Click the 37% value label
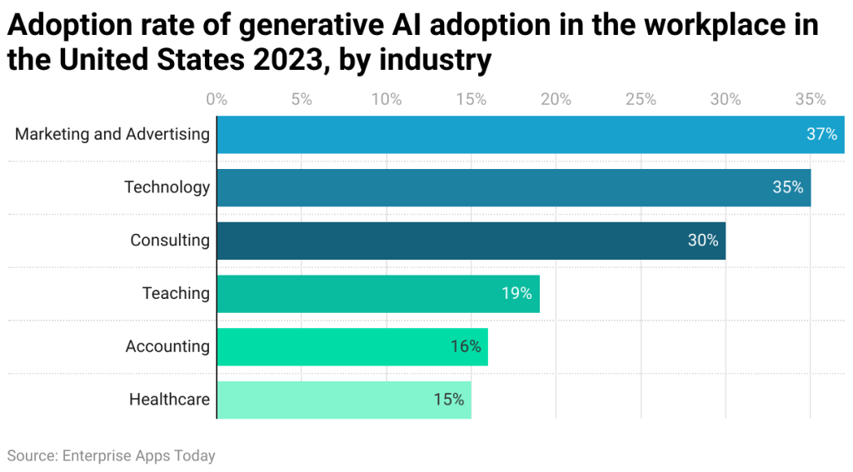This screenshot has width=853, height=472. (821, 134)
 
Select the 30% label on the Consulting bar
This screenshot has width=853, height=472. (702, 241)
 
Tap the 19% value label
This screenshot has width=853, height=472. (516, 294)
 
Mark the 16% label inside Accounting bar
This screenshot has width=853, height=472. (466, 347)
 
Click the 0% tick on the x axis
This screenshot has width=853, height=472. (217, 100)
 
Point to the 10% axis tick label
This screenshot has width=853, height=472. (387, 100)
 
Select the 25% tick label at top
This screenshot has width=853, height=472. (641, 100)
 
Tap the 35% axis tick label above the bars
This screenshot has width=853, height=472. (811, 100)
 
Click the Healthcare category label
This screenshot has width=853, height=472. (169, 400)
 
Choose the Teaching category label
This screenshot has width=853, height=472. (176, 294)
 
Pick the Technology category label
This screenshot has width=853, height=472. (167, 187)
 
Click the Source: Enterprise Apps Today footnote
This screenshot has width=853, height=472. (111, 455)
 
